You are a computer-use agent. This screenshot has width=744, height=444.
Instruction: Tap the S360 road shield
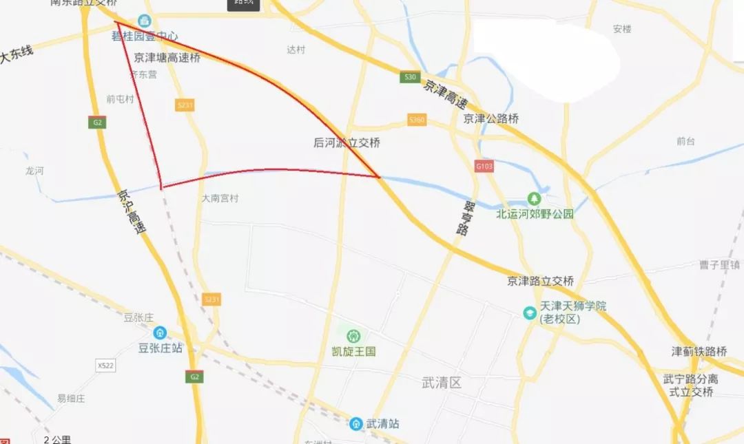pyautogui.click(x=417, y=119)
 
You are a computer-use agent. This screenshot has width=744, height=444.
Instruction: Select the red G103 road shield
pyautogui.click(x=484, y=166)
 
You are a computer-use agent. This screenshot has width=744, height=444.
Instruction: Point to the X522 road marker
pyautogui.click(x=105, y=366)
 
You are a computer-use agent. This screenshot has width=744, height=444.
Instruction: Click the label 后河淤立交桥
pyautogui.click(x=347, y=143)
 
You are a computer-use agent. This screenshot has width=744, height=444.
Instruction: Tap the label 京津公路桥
pyautogui.click(x=491, y=118)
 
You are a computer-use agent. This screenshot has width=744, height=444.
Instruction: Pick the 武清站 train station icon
pyautogui.click(x=355, y=423)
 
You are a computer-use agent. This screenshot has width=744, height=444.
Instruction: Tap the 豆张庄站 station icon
pyautogui.click(x=160, y=332)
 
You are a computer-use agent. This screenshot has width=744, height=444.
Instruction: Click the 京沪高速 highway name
pyautogui.click(x=132, y=213)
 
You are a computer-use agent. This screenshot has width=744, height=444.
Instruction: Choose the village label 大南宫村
pyautogui.click(x=220, y=198)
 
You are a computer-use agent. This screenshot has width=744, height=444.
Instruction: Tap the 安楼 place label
pyautogui.click(x=622, y=29)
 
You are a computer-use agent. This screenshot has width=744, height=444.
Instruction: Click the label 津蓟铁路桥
pyautogui.click(x=699, y=352)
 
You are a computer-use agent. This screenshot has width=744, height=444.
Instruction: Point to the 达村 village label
pyautogui.click(x=296, y=50)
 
